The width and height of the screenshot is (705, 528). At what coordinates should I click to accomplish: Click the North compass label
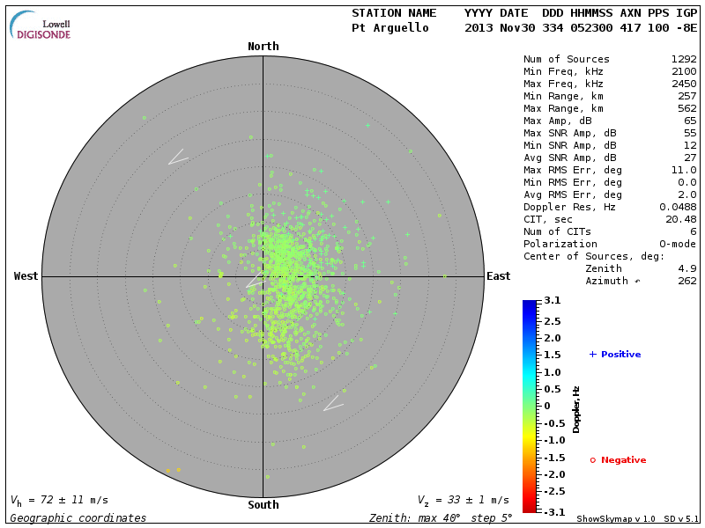(x=263, y=47)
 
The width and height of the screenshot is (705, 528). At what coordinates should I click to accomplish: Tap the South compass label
(x=263, y=505)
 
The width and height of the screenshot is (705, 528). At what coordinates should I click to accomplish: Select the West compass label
(x=26, y=276)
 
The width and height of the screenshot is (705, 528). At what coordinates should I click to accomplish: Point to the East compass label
(x=498, y=276)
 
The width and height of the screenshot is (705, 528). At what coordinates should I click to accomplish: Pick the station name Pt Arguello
(x=390, y=28)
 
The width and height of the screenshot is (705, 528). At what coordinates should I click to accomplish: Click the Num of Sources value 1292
(x=684, y=60)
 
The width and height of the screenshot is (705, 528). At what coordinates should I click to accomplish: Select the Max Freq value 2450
(x=684, y=84)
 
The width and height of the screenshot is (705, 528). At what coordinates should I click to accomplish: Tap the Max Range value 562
(x=687, y=109)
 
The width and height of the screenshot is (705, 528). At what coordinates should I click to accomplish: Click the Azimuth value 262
(x=687, y=281)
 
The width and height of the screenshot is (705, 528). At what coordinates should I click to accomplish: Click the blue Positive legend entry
(x=615, y=355)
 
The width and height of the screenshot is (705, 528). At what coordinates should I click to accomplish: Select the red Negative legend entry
(x=618, y=460)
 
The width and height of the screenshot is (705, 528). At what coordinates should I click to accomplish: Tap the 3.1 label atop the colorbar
(x=553, y=301)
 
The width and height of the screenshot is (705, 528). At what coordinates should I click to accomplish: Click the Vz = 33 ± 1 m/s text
(x=464, y=500)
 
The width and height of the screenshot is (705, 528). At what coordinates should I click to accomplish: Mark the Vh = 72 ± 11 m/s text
(x=59, y=500)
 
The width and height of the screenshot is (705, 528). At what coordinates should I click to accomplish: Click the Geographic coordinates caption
(x=78, y=518)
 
